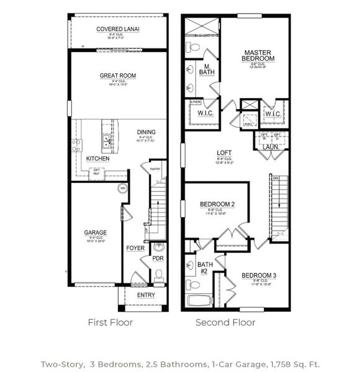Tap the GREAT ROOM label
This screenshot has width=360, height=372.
point(117,76)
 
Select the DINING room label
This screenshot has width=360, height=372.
point(146,132)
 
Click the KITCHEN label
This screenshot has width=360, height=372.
point(97,159)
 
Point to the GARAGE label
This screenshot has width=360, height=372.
point(96,233)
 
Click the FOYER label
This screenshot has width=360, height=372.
point(135,248)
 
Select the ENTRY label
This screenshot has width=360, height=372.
point(146,295)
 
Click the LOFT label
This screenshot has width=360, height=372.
point(224,153)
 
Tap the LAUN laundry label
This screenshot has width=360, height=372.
point(270,148)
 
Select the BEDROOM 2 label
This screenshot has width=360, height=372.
point(217,205)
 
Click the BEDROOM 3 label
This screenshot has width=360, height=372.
point(259,275)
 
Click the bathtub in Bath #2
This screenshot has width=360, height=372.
point(199,303)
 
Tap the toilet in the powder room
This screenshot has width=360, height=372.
point(158,274)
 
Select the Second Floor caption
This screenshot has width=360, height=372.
point(225,322)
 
